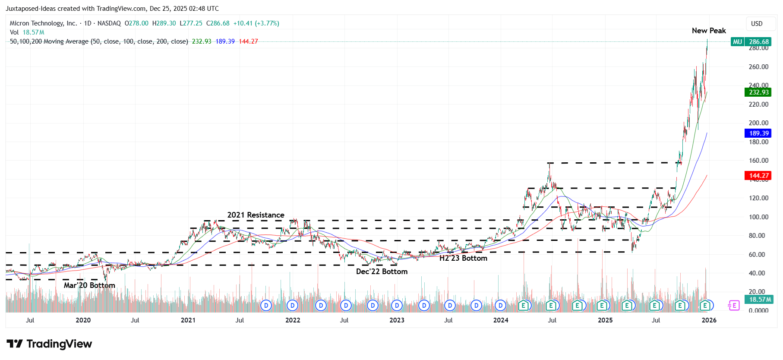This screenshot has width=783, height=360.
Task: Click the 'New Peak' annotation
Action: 708,31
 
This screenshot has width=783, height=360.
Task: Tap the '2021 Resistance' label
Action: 256,215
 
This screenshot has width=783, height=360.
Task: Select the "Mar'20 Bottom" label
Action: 89,285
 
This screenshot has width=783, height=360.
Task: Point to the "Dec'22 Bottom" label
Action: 382,272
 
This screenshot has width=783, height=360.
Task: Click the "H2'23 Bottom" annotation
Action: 463,258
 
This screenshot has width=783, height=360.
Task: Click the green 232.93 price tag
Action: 758,92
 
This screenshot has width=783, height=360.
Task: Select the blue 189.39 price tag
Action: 758,133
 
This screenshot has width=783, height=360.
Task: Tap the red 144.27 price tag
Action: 758,176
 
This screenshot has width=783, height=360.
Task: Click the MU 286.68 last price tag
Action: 751,42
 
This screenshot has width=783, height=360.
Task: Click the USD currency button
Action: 757,24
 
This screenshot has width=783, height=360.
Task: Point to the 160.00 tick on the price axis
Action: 758,161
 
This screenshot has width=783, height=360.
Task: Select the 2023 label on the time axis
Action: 397,320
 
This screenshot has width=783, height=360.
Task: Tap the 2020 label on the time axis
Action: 83,320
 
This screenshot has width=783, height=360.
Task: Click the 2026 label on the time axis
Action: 709,320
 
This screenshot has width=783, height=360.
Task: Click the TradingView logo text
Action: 59,344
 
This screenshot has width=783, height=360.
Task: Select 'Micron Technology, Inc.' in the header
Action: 43,23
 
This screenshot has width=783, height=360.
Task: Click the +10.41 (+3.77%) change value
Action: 256,23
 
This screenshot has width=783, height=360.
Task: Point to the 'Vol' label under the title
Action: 14,32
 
